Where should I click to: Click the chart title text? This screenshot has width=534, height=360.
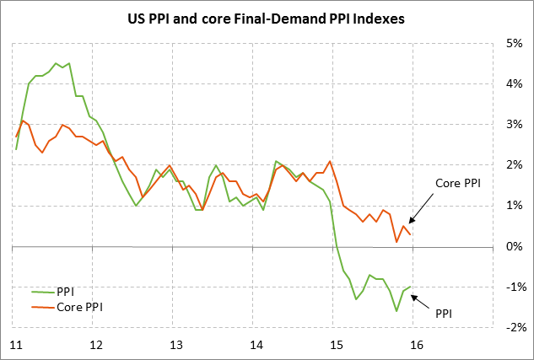267,19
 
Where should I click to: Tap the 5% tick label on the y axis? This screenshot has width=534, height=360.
514,43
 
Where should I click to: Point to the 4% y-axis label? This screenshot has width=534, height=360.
514,83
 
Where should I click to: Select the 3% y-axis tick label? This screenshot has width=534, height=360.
514,124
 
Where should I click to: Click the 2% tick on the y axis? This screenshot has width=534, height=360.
514,165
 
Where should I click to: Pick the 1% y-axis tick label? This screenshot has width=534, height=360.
514,206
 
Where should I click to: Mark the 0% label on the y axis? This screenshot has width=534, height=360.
514,246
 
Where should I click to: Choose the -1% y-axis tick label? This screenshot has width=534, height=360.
512,287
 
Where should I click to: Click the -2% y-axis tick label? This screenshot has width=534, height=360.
512,327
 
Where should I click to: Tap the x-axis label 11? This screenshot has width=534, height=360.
16,345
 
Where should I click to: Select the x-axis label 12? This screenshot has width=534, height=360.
95,345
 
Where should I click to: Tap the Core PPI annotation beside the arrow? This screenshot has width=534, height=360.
457,183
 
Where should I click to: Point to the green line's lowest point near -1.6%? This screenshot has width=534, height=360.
396,311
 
